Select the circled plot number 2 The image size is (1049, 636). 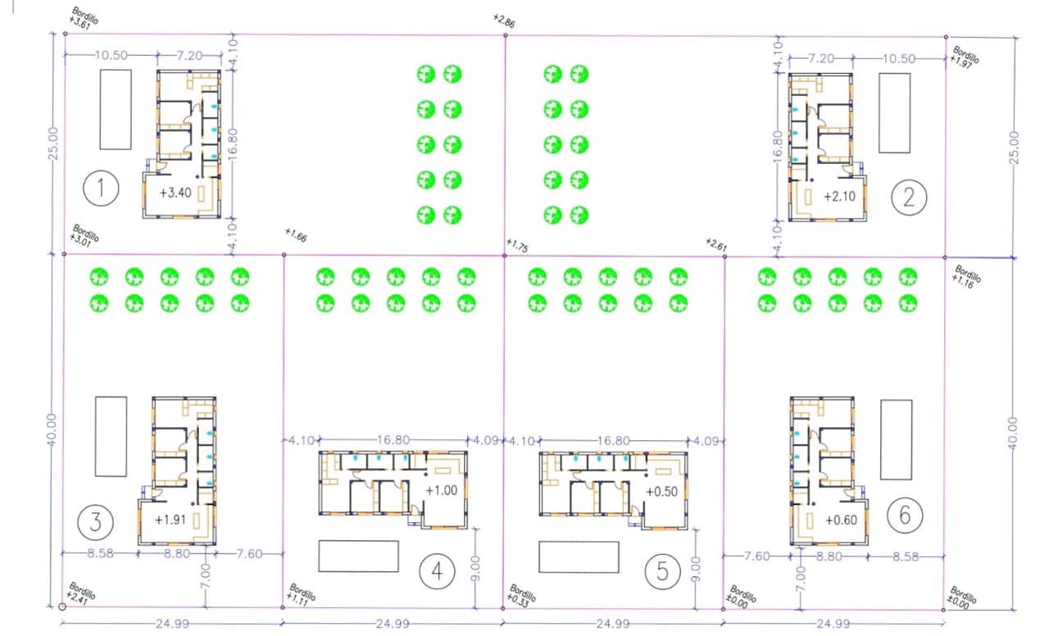[910, 197]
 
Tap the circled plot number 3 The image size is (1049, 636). [95, 520]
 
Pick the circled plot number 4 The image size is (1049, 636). [437, 572]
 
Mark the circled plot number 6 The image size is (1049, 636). [904, 515]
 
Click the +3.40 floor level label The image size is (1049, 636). [177, 193]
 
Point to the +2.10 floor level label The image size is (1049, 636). [838, 197]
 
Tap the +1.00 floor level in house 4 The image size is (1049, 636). [441, 490]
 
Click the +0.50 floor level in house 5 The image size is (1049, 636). [661, 492]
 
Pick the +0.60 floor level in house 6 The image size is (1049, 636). [841, 520]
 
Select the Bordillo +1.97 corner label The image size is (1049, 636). [965, 57]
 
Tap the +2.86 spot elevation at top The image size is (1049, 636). [504, 20]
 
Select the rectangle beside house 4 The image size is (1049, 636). [358, 556]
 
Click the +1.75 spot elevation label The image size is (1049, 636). [518, 245]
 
